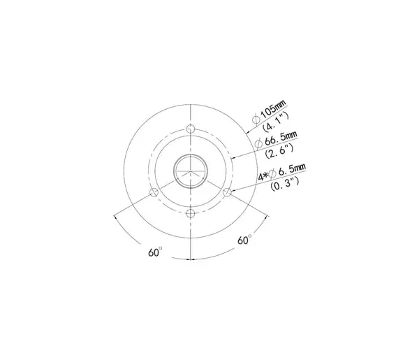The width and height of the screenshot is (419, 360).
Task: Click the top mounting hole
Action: point(190,129)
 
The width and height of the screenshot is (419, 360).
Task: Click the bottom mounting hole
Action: point(190,213)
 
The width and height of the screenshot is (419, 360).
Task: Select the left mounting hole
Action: point(154,192)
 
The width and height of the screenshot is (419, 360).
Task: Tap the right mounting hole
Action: point(227,192)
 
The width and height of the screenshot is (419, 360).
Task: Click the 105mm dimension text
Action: point(273,109)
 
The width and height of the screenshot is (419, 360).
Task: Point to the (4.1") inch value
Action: point(276,122)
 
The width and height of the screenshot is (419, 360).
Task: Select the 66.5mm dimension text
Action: point(281,138)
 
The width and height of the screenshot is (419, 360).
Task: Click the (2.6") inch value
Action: point(279,151)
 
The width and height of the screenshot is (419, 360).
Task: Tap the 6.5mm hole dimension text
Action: point(292,170)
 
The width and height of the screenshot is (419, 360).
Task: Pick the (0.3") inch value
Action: point(285,183)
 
